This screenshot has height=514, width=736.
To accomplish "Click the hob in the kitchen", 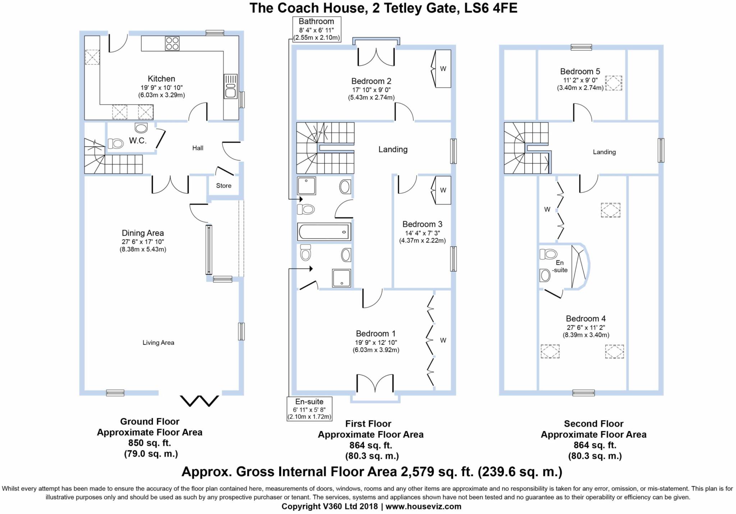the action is click(172, 43).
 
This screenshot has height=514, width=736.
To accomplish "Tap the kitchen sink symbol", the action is click(230, 86).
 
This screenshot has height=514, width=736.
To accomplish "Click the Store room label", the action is click(224, 186).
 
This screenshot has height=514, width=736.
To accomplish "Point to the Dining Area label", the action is click(143, 233).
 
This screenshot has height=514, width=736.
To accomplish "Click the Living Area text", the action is click(158, 343).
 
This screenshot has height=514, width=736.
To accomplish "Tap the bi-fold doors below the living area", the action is click(199, 400).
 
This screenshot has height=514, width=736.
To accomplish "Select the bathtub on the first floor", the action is click(324, 232).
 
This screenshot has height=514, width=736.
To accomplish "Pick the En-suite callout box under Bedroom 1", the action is click(309, 409).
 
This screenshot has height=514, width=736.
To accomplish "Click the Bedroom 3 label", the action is click(422, 224).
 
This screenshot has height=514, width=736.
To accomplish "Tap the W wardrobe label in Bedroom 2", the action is click(443, 69).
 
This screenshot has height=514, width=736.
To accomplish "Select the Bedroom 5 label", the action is click(580, 71).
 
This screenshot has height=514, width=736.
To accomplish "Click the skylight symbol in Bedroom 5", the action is click(614, 83).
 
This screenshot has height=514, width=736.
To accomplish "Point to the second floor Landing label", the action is click(604, 152).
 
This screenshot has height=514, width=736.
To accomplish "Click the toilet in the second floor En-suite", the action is click(548, 254).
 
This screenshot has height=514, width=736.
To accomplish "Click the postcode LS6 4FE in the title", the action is click(491, 8).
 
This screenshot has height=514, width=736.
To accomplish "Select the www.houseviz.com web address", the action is click(423, 506).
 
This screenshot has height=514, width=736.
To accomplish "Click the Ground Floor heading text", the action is click(149, 421).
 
